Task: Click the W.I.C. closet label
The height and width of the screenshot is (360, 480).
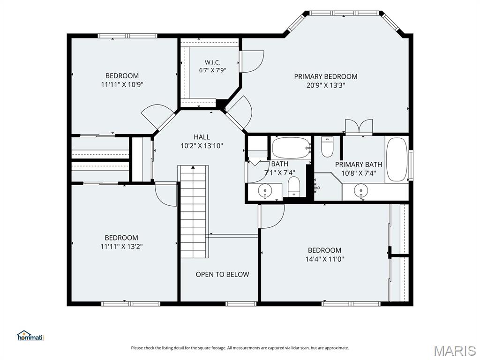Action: click(212, 62)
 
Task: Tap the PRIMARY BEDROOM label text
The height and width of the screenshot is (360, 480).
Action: click(326, 76)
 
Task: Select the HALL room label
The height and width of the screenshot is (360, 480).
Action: click(202, 137)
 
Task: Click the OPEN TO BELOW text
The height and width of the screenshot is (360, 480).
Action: click(223, 274)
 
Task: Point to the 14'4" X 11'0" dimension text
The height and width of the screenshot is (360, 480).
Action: click(324, 259)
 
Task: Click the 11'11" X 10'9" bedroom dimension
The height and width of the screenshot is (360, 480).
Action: click(122, 84)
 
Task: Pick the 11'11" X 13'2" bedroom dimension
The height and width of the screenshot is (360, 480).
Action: click(121, 246)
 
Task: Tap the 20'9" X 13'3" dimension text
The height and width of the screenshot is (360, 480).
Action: click(326, 85)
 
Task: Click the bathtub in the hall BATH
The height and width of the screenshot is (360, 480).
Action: click(291, 148)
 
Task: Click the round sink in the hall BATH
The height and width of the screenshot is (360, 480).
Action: click(265, 191)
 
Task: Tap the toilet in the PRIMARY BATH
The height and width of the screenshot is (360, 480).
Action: click(327, 147)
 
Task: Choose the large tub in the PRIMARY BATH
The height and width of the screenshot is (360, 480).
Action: click(397, 160)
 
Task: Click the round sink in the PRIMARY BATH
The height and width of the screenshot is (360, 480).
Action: click(361, 190)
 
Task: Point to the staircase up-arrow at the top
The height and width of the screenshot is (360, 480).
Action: click(193, 167)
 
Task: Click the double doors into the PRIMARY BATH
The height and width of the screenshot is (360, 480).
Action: click(359, 127)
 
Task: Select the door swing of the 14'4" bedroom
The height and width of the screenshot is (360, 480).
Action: click(272, 217)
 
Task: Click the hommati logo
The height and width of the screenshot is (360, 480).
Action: click(30, 336)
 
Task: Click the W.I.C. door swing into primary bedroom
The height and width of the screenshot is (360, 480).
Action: click(251, 61)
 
